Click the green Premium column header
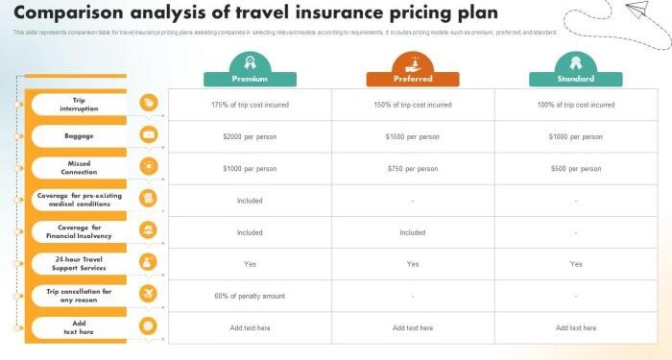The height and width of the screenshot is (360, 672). [x=250, y=79]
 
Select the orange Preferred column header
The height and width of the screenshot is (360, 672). [x=413, y=79]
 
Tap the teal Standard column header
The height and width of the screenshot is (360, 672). [x=575, y=79]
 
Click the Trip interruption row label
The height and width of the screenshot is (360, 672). [x=79, y=104]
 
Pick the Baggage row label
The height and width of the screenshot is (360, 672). [x=79, y=135]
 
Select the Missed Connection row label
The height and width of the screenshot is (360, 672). [x=79, y=167]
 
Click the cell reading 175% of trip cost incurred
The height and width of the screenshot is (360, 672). [x=250, y=105]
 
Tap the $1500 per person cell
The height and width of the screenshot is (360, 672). [x=413, y=136]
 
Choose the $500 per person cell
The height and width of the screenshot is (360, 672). [x=575, y=168]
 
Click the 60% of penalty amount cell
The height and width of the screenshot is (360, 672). [x=250, y=296]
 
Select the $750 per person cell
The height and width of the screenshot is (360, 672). [x=413, y=168]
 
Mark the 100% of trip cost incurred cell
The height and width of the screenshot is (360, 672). [x=575, y=105]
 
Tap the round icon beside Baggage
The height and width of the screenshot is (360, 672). [x=148, y=135]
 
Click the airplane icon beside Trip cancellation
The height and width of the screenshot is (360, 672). [x=148, y=294]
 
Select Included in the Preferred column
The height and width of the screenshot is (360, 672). [x=413, y=232]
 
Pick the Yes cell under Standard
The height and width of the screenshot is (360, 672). [x=575, y=264]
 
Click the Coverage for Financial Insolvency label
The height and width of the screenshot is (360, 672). [x=79, y=230]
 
